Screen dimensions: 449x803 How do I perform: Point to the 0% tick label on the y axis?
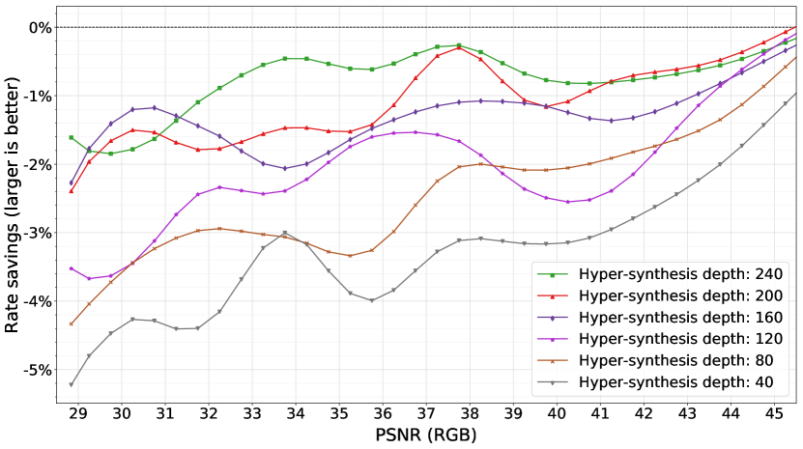pyautogui.click(x=39, y=27)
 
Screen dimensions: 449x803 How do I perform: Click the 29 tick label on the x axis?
pyautogui.click(x=77, y=413)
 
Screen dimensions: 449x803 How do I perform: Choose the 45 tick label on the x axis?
pyautogui.click(x=773, y=413)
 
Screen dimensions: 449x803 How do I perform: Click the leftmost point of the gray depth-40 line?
pyautogui.click(x=72, y=384)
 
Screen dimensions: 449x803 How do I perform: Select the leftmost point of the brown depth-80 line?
pyautogui.click(x=72, y=323)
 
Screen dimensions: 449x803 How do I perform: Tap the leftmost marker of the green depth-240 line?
pyautogui.click(x=72, y=137)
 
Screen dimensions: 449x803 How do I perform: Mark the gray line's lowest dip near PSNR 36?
pyautogui.click(x=371, y=300)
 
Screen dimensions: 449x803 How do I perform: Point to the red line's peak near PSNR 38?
pyautogui.click(x=458, y=46)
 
